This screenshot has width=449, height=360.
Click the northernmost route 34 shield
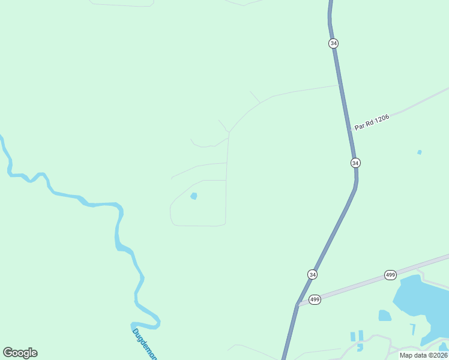tap(334, 43)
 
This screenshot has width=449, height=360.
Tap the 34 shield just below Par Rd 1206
tap(355, 163)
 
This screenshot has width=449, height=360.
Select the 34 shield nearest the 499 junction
tap(312, 274)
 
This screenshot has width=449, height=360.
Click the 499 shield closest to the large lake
tap(390, 275)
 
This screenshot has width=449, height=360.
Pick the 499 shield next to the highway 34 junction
tap(315, 299)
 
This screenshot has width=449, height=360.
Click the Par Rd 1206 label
tap(372, 122)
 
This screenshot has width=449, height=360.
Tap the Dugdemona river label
tap(144, 344)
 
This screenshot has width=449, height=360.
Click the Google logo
tap(20, 353)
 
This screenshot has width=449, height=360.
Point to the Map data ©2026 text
tap(423, 355)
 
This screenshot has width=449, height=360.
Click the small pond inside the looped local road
tap(193, 196)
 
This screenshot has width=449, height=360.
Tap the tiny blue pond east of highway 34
tap(419, 152)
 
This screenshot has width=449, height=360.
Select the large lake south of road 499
tap(420, 303)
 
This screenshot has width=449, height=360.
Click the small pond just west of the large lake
tap(385, 315)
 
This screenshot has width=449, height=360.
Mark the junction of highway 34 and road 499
tap(297, 305)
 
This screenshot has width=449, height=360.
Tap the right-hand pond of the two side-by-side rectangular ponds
tap(361, 335)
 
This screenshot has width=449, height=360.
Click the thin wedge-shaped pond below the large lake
tap(413, 329)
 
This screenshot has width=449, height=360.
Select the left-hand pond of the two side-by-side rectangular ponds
tap(353, 337)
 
